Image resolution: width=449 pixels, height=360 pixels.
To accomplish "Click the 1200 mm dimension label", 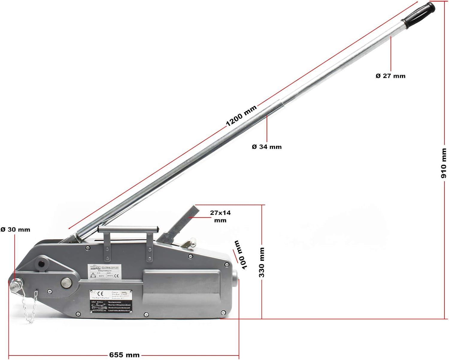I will point(241,116).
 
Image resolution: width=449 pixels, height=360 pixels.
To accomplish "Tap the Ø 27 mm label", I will point(390,76).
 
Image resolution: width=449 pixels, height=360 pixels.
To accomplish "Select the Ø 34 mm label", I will point(267,147).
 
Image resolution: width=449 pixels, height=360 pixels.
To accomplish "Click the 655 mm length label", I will point(124,355).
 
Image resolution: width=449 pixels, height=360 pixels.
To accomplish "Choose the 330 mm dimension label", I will point(262,262).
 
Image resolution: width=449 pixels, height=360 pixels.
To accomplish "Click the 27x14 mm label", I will point(220,216).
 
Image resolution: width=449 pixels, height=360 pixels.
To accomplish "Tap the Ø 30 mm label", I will point(15,230).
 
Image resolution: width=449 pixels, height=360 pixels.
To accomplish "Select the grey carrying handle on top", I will point(128,230).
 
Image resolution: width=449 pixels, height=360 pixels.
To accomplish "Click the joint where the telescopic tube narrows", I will point(281,103).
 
